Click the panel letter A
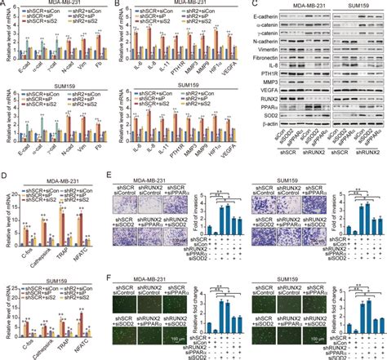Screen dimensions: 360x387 [4, 5]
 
